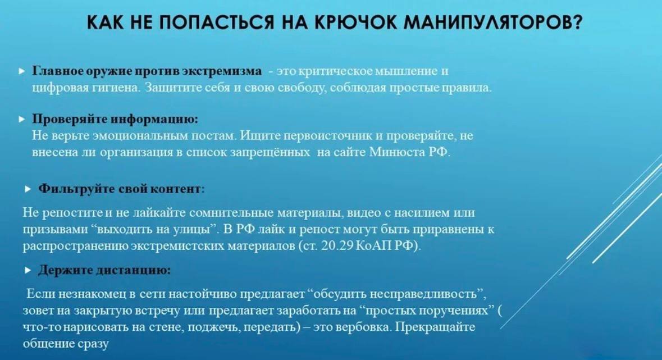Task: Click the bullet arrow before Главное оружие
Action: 22,71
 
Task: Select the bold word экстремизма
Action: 222,71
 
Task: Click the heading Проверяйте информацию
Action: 115,119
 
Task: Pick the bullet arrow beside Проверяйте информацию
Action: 22,119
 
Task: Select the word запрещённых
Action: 270,152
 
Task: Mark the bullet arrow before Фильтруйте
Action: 28,189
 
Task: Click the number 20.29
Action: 337,246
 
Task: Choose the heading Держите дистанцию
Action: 104,270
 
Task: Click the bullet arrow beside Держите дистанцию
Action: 28,270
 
